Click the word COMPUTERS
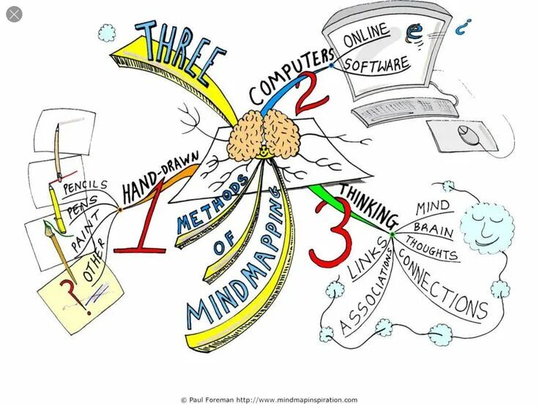click(290, 78)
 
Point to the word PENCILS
click(83, 188)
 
